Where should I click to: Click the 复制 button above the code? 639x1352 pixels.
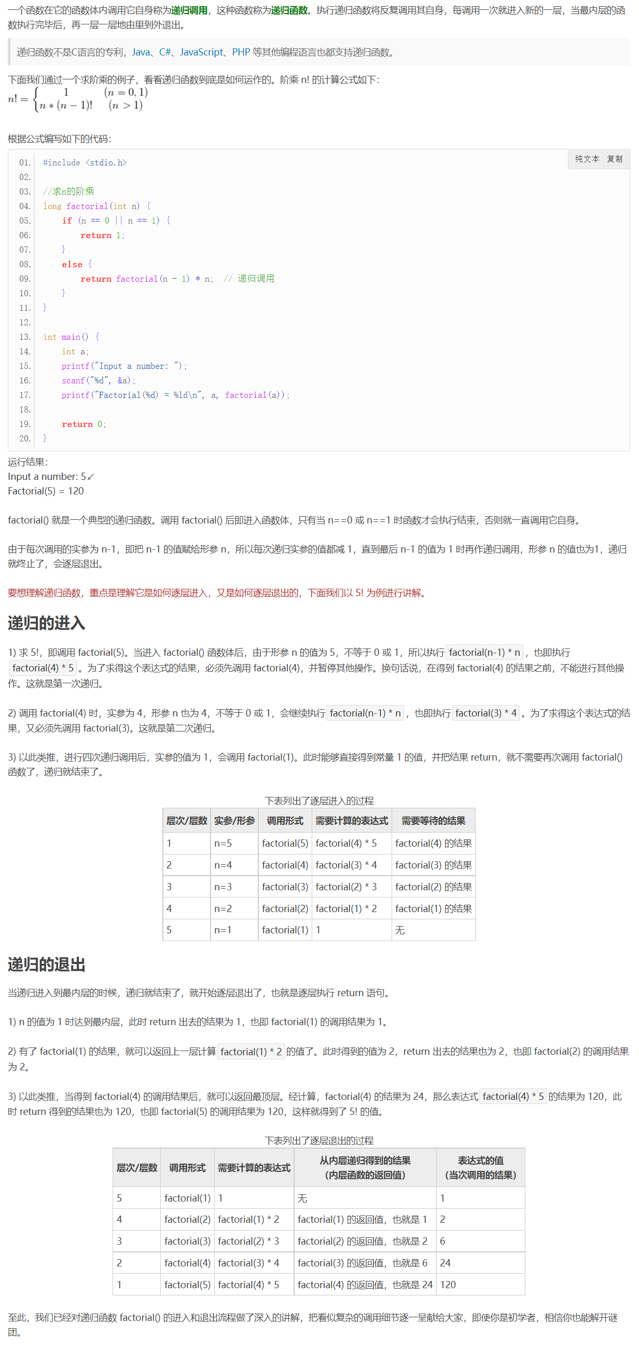point(614,159)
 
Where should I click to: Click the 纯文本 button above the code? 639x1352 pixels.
point(587,159)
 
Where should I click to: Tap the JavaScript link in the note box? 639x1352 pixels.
point(201,52)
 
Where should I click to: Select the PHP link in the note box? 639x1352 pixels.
point(241,52)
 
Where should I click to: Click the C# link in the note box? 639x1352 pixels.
point(165,52)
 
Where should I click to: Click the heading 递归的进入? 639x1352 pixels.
point(46,623)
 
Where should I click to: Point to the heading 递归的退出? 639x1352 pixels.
point(46,964)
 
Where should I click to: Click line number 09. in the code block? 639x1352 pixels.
point(25,279)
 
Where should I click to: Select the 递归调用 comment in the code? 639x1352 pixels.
point(256,279)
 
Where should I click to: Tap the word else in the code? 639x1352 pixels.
point(72,264)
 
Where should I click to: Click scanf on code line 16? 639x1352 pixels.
point(73,380)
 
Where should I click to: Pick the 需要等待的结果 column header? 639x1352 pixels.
point(433,821)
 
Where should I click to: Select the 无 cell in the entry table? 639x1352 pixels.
point(400,930)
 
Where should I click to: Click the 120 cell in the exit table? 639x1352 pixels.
point(448,1284)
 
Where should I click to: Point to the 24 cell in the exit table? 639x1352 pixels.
point(445,1263)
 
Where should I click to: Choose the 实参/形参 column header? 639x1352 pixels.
point(234,821)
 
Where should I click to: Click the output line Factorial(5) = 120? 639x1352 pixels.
point(46,491)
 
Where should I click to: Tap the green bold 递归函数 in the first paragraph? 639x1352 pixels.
point(289,10)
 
